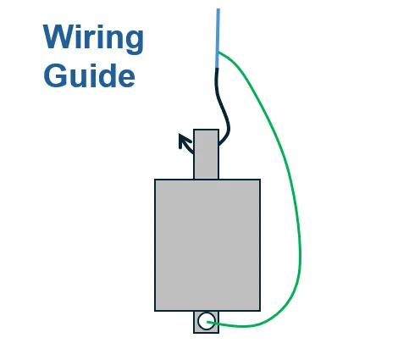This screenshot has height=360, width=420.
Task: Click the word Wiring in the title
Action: pos(93,39)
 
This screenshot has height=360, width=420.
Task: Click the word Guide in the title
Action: pos(89,75)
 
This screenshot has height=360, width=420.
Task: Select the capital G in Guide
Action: pos(55,75)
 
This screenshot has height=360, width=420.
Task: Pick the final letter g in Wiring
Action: pos(135,42)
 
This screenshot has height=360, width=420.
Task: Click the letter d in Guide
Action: pos(108,75)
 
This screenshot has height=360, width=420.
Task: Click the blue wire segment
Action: pos(218,38)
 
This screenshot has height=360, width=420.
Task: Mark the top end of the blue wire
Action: pos(218,9)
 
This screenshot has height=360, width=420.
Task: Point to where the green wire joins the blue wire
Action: pos(218,53)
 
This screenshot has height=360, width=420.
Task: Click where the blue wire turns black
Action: pos(217,68)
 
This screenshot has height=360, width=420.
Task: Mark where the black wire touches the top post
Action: pos(219,145)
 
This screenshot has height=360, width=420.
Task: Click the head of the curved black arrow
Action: pos(183,139)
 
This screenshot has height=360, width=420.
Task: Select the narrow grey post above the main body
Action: pos(206,154)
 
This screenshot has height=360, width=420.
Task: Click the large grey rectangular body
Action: pos(207,245)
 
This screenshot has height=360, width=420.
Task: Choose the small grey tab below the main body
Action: pos(206,322)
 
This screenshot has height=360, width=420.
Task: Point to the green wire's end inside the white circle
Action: pos(207,322)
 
